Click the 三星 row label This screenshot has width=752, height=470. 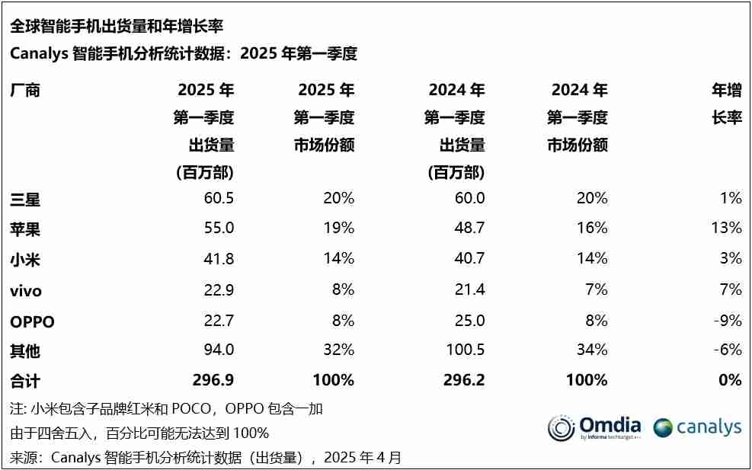point(24,200)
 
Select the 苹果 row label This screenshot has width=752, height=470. point(24,228)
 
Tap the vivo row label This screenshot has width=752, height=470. point(26,290)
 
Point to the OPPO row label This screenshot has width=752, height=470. point(32,321)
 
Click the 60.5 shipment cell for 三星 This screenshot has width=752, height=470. point(218,198)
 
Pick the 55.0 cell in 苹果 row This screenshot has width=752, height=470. point(218,228)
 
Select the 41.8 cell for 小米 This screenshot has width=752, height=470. point(218,259)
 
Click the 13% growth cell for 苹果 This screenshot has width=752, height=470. point(725,228)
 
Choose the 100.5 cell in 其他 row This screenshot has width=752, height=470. point(464,350)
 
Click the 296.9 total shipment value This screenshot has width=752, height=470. point(213,380)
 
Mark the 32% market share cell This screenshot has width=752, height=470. point(338,350)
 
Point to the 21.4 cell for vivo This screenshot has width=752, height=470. point(469,289)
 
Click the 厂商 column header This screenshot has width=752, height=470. point(24,91)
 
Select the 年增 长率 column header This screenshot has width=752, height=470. point(726,104)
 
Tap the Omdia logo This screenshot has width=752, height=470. point(594,427)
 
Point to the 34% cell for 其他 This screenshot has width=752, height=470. point(592,350)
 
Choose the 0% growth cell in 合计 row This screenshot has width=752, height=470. point(729,380)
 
